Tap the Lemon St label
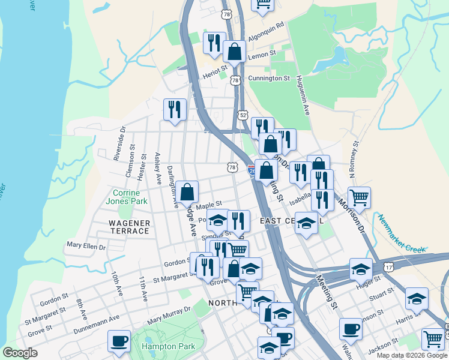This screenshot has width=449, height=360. pos(262,53)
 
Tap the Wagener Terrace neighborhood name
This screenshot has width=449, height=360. pos(129,227)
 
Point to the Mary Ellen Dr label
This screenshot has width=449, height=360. pos(86,245)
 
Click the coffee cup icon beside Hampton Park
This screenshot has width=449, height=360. pos(119,341)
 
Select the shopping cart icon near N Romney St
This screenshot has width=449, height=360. pos(359,197)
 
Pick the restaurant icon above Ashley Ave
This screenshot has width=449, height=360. pos(175,109)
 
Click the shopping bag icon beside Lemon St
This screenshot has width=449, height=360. pos(234,51)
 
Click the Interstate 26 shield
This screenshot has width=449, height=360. pos(252,170)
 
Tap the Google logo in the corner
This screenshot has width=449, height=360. pos(20,352)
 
